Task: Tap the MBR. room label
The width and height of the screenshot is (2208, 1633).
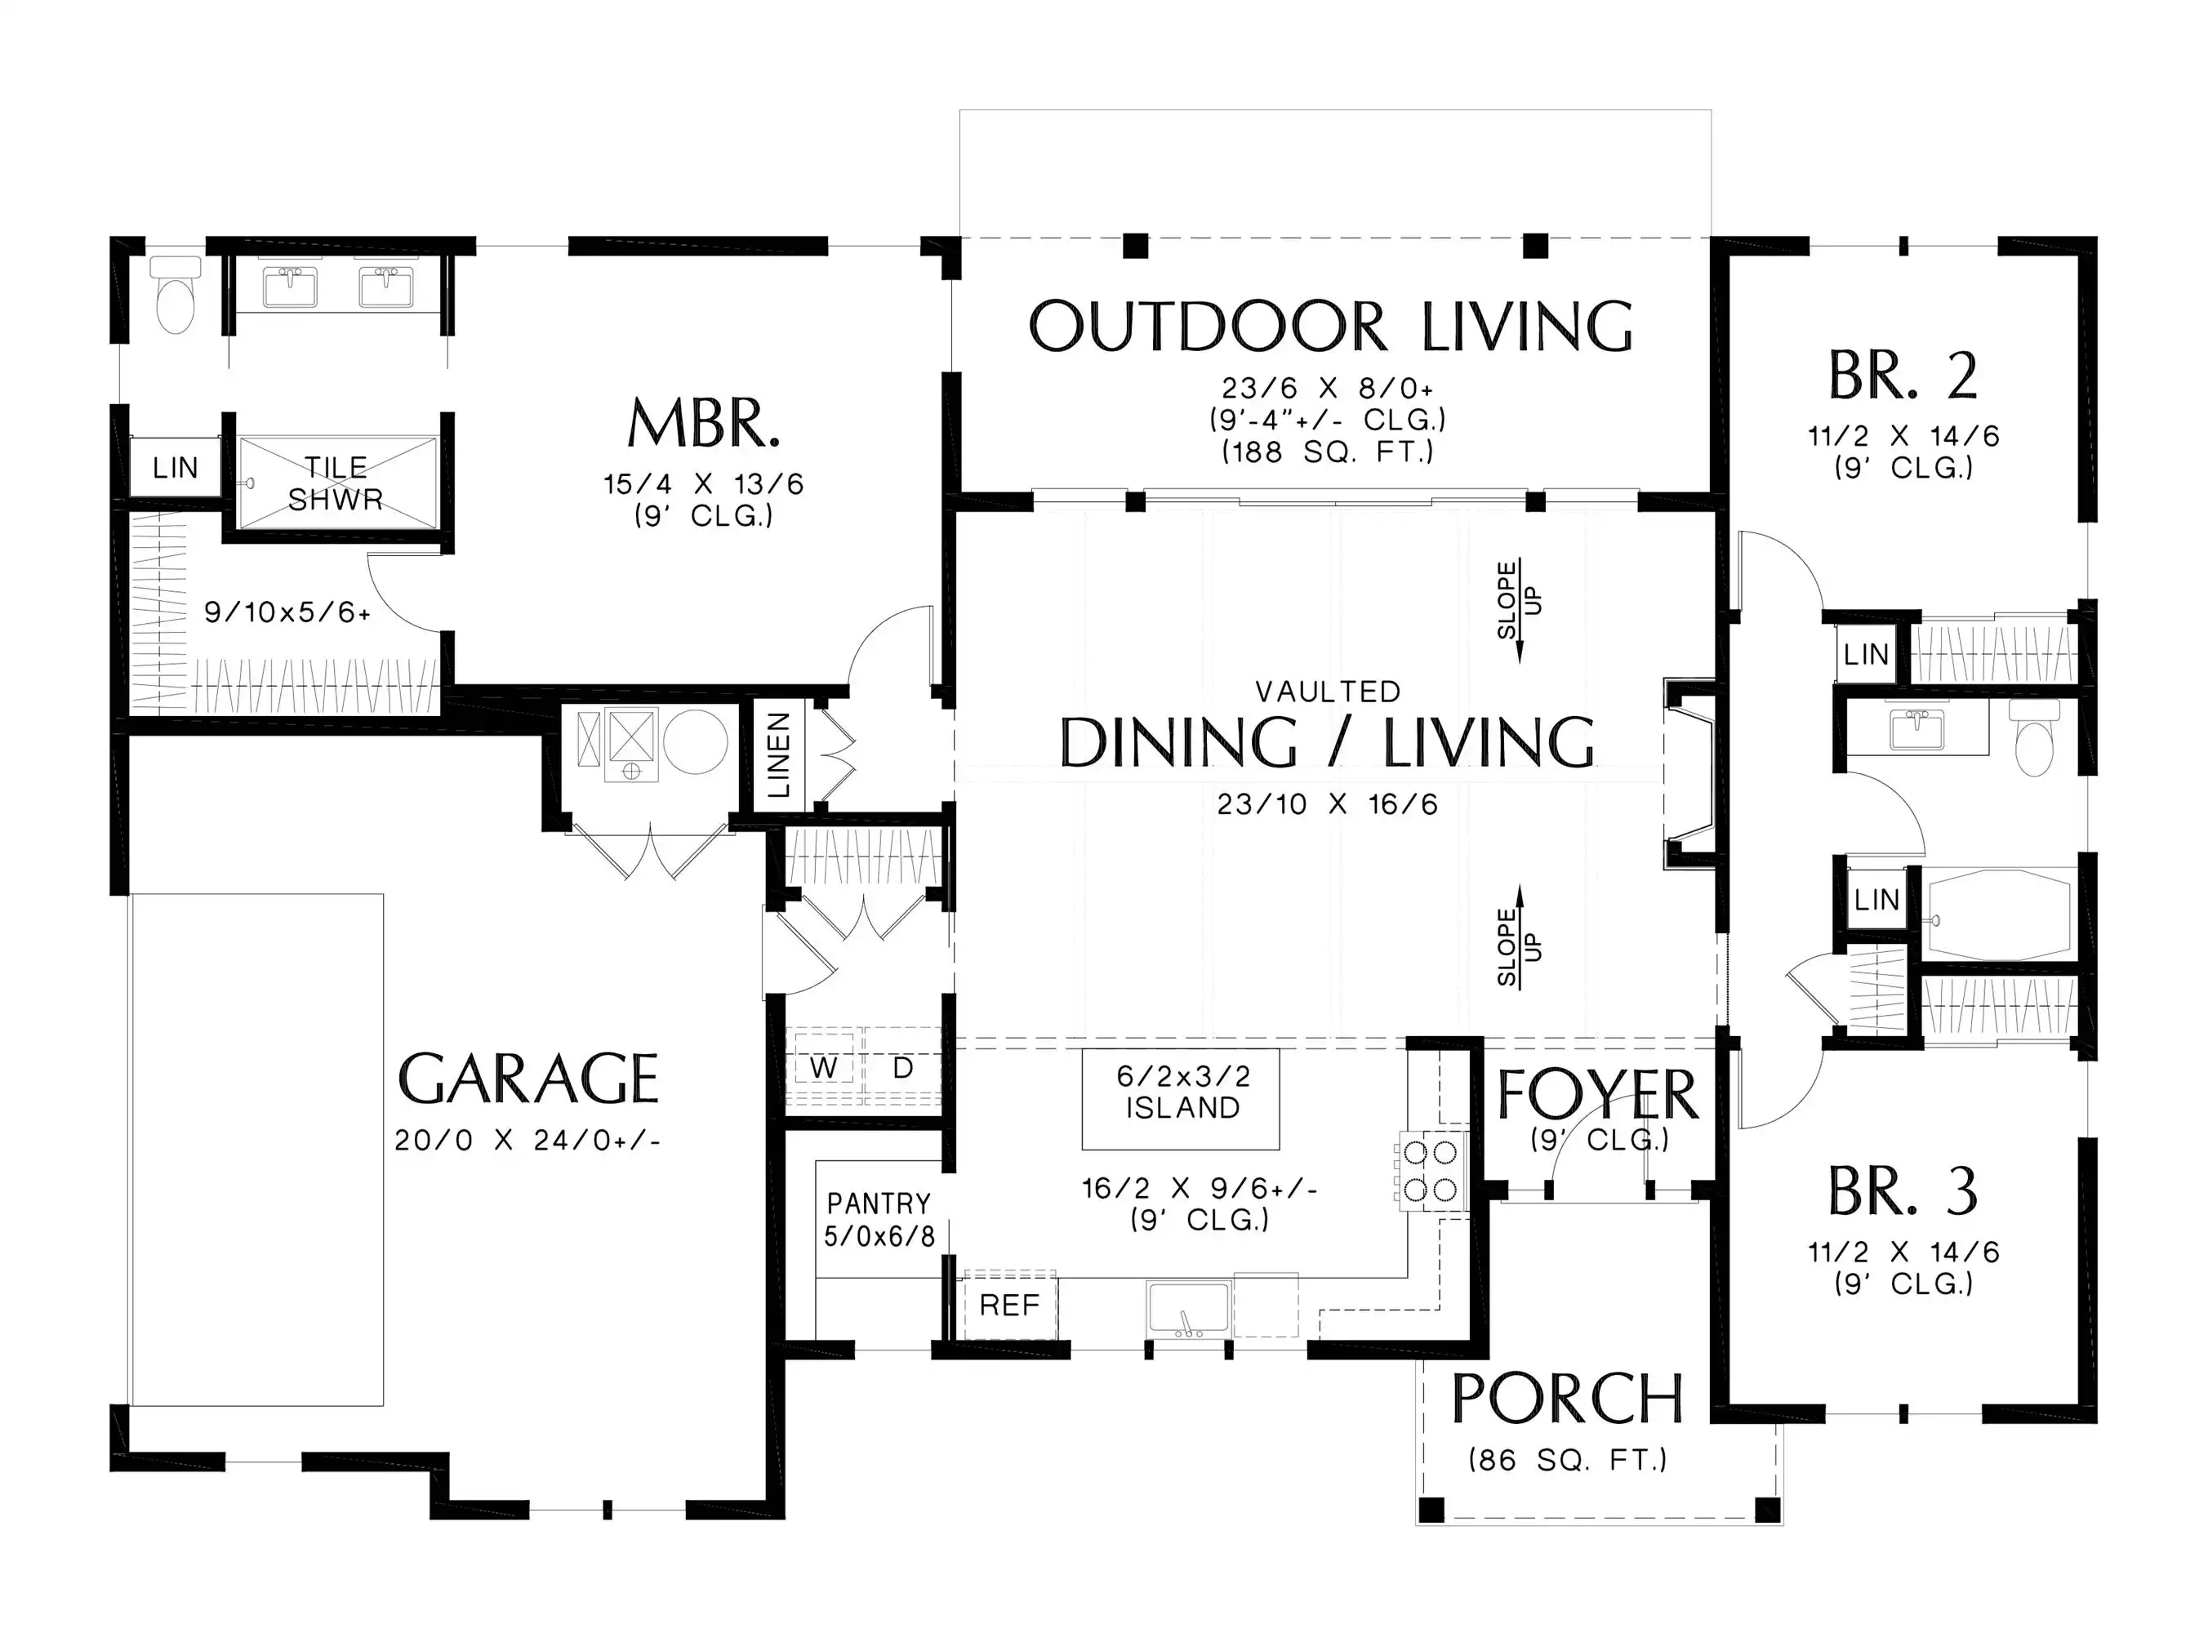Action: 704,424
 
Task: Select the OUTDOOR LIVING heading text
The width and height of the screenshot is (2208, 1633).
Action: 1330,327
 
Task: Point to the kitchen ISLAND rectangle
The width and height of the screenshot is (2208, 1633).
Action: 1180,1099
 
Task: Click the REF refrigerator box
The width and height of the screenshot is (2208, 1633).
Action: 1009,1306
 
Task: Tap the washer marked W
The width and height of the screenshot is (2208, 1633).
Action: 823,1069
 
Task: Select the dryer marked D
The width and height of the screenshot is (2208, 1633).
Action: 902,1069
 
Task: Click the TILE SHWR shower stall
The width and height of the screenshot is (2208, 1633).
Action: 336,483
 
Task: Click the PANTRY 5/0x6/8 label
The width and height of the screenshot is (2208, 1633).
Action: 879,1220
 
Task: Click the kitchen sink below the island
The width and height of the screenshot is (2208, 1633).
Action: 1188,1309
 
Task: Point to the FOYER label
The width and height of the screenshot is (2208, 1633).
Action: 1597,1095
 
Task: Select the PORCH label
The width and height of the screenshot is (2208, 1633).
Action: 1568,1399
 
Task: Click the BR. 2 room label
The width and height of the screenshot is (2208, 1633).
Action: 1903,376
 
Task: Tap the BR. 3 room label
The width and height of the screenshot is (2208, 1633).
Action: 1903,1191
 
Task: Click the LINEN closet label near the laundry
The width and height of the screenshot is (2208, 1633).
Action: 779,755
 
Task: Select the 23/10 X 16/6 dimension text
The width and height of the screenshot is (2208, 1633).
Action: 1328,804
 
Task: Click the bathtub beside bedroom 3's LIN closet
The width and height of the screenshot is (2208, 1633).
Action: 1997,914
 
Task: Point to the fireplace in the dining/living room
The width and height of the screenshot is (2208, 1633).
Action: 1690,773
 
